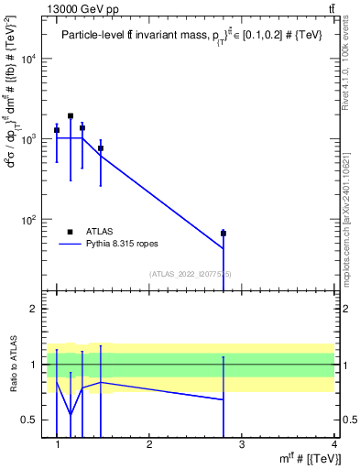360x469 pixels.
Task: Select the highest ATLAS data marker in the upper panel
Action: click(x=71, y=116)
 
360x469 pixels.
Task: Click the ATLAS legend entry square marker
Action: click(x=71, y=232)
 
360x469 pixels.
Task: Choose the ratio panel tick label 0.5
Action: click(x=27, y=420)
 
